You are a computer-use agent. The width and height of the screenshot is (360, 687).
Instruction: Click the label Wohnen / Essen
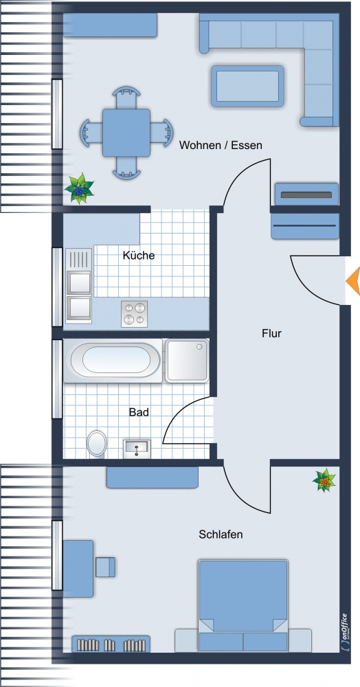click(221, 145)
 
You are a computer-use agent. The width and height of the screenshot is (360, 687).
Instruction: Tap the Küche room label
click(138, 256)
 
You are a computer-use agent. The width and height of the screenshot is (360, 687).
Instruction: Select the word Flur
click(271, 333)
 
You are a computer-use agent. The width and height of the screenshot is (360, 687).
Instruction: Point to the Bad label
click(139, 412)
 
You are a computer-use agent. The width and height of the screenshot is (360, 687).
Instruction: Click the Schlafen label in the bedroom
click(221, 534)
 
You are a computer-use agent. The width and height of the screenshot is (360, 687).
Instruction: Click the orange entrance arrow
click(353, 280)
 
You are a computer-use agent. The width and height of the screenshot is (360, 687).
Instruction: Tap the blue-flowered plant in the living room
click(79, 189)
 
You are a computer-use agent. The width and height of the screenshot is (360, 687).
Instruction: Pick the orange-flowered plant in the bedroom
click(324, 481)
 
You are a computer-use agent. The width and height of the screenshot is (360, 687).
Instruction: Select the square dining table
click(126, 133)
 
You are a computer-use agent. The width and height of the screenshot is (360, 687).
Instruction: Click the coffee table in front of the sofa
click(247, 87)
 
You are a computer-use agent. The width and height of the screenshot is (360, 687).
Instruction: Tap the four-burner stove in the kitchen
click(135, 314)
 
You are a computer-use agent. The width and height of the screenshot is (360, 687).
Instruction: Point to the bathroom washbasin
click(137, 449)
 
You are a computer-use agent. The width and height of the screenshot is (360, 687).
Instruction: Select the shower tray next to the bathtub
click(187, 360)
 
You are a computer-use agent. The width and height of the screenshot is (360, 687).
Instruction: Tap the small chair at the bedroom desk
click(105, 567)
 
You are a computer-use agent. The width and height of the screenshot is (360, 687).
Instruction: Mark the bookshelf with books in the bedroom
click(111, 644)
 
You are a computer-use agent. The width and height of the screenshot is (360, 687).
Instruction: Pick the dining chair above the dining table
click(126, 97)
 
